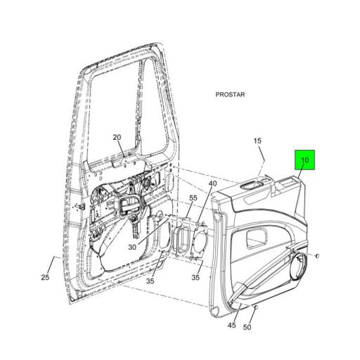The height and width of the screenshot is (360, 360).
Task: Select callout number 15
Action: tap(257, 141)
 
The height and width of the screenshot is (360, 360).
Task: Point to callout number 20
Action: tap(117, 137)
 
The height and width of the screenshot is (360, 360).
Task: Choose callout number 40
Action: tap(212, 185)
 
